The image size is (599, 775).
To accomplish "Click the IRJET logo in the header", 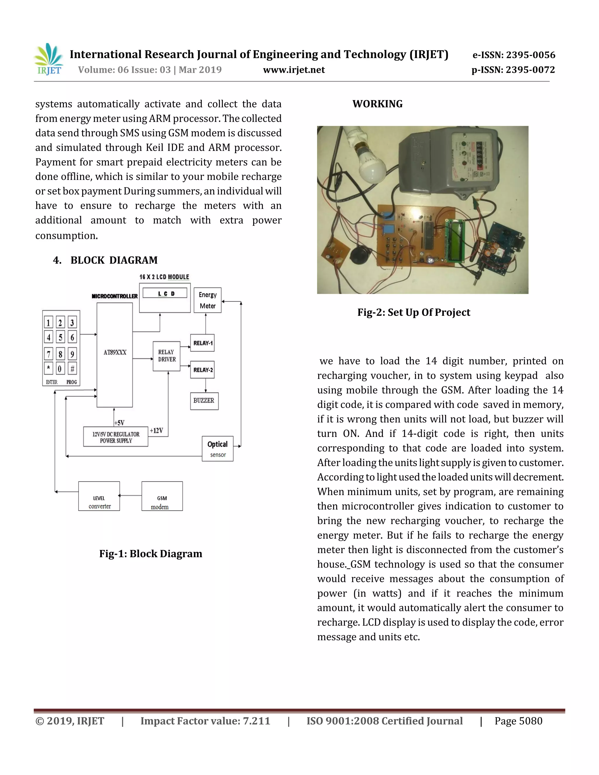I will (49, 60).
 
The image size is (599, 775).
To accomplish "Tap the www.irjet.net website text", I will (294, 70).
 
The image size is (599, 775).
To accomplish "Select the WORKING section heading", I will (378, 104).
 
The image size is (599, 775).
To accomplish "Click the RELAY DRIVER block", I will (166, 356).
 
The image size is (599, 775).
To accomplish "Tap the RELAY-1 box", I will (202, 343).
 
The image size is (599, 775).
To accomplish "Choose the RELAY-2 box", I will (202, 370).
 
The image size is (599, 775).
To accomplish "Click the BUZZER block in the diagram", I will (204, 401).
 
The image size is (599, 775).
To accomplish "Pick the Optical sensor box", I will (218, 449).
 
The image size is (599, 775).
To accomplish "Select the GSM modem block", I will (162, 496).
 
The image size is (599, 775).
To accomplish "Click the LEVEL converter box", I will (99, 496).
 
